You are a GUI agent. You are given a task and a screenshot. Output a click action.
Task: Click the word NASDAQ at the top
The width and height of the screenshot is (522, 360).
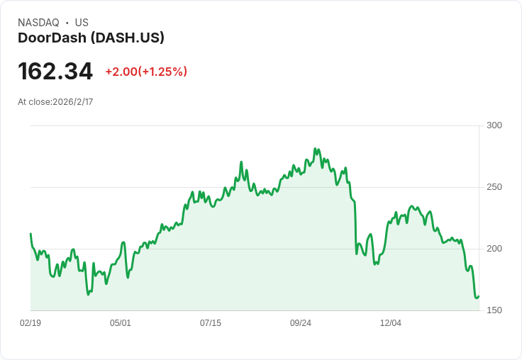[x=38, y=23]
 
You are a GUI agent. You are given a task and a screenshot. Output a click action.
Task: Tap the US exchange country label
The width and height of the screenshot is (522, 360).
[x=82, y=23]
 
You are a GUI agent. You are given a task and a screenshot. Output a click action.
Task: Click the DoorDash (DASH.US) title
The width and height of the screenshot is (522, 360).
[x=91, y=38]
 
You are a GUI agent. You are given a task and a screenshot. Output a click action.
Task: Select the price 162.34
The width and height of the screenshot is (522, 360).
[x=55, y=71]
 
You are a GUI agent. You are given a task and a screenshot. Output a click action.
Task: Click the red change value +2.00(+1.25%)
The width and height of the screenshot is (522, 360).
[x=146, y=72]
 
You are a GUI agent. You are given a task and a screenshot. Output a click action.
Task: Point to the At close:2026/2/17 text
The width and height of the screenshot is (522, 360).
[x=55, y=102]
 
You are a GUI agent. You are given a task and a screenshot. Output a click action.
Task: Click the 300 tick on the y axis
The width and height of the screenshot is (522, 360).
[x=494, y=125]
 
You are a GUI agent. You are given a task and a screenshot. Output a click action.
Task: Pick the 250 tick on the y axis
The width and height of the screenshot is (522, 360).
[x=494, y=187]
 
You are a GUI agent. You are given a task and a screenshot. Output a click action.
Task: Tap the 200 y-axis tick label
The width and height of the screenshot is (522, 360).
[x=494, y=249]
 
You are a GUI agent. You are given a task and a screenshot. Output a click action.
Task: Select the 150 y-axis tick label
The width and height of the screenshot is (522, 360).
[x=494, y=310]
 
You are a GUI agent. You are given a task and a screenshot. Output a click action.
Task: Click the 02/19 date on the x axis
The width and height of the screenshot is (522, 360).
[x=30, y=322]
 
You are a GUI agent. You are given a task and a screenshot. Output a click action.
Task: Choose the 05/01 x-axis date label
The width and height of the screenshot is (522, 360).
[x=121, y=322]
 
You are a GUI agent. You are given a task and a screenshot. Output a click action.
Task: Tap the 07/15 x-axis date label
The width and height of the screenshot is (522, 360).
[x=211, y=322]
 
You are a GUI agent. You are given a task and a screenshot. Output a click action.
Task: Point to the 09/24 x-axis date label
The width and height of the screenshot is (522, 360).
[x=301, y=322]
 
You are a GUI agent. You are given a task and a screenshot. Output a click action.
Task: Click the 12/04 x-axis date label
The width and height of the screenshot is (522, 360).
[x=391, y=322]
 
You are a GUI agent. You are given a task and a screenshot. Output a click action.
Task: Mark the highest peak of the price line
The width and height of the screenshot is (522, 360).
[x=315, y=149]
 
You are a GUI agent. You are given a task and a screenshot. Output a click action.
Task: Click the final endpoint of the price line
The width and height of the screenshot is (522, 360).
[x=479, y=296]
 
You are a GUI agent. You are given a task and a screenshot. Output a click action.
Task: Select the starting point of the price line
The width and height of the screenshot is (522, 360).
[x=30, y=234]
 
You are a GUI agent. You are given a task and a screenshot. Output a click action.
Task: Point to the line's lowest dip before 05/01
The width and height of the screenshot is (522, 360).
[x=88, y=295]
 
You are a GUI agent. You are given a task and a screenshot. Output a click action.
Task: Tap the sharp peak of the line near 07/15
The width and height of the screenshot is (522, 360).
[x=241, y=162]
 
